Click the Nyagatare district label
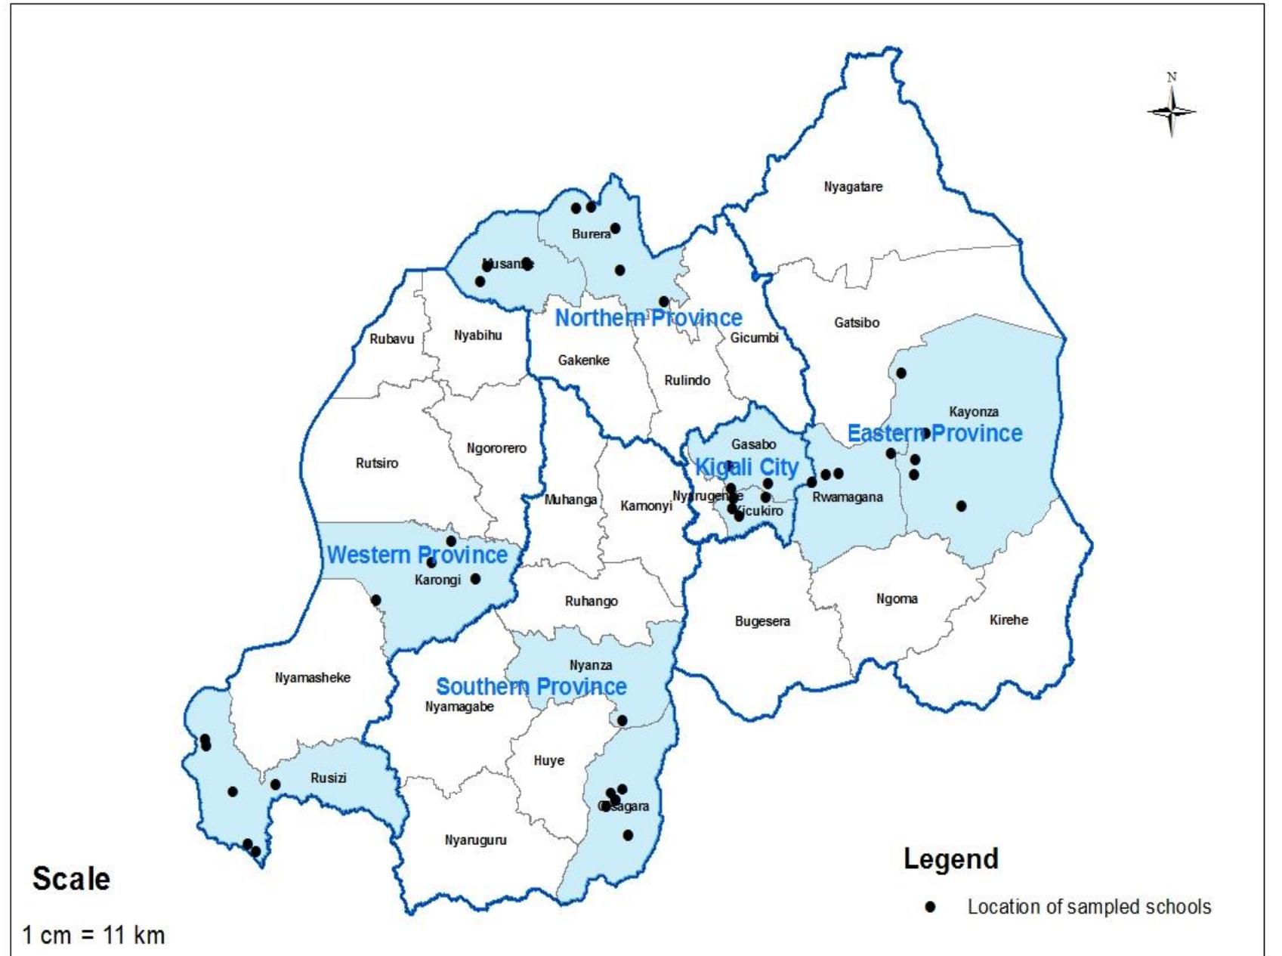coord(853,187)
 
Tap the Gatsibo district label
coord(857,323)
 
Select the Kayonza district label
coord(974,412)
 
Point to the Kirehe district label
coord(1009,620)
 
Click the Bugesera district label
coord(762,622)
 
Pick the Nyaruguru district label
coord(475,840)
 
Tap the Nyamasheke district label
coord(313,678)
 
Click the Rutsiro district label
coord(377,463)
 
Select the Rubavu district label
coord(391,339)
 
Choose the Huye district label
coord(548,761)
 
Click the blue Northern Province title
coord(648,318)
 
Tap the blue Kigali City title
coord(746,468)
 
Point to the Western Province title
coord(417,555)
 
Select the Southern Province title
coord(531,687)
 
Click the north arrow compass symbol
coord(1172,111)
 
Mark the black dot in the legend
coord(931,907)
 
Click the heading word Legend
coord(951,859)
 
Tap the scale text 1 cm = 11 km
coord(94,936)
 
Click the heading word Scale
coord(71,879)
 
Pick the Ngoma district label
coord(897,599)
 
